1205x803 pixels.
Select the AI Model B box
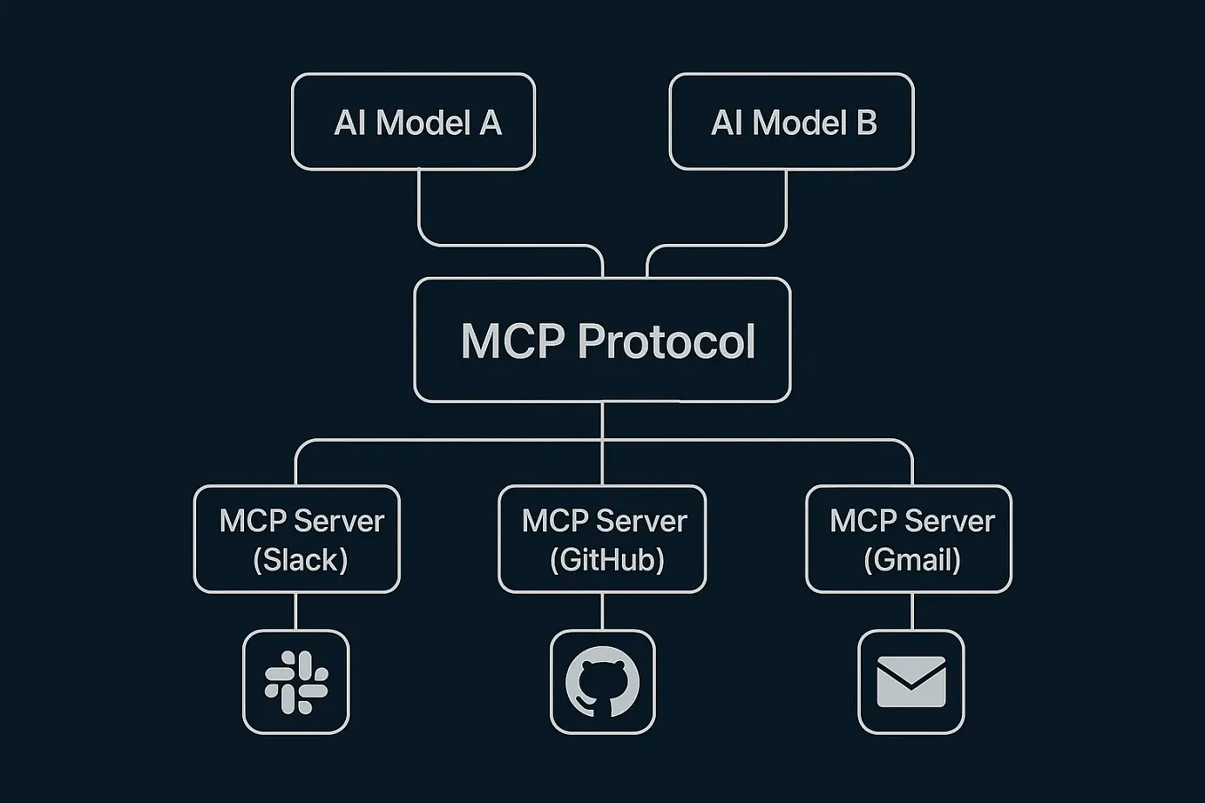[792, 122]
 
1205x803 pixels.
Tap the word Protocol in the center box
[666, 342]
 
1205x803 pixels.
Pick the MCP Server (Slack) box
[296, 539]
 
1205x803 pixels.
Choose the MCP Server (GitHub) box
[602, 539]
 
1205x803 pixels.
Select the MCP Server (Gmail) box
[909, 539]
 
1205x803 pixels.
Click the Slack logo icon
[296, 682]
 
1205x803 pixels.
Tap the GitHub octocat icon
[602, 682]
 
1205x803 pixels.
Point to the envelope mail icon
[911, 682]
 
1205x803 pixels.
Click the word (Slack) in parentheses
[300, 561]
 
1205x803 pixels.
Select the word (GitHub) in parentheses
[607, 561]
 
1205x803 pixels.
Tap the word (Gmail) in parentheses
[912, 561]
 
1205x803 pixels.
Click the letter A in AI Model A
[491, 123]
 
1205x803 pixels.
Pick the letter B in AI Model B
[866, 123]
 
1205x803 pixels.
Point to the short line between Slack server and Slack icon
[295, 611]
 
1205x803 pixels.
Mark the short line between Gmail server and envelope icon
[912, 611]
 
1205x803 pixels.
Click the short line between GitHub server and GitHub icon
[602, 611]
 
